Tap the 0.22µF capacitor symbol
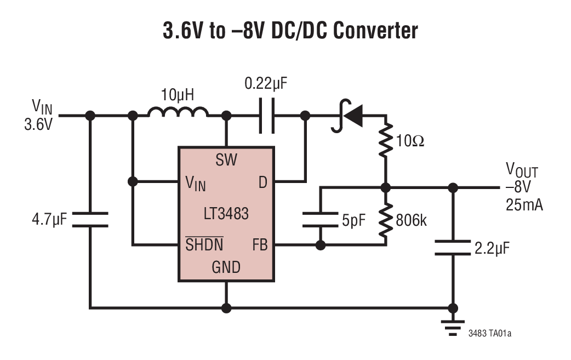(x=266, y=116)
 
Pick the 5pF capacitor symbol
(x=320, y=220)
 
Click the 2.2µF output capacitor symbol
(x=453, y=248)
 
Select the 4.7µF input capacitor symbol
(x=90, y=220)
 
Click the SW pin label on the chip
(x=226, y=160)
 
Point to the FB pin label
(x=260, y=245)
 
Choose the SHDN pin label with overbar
(x=204, y=244)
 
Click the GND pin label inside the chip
(x=226, y=267)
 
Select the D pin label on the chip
(x=262, y=183)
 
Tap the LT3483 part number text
(x=226, y=213)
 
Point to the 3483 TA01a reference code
(x=493, y=333)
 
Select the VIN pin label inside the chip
(x=195, y=184)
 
